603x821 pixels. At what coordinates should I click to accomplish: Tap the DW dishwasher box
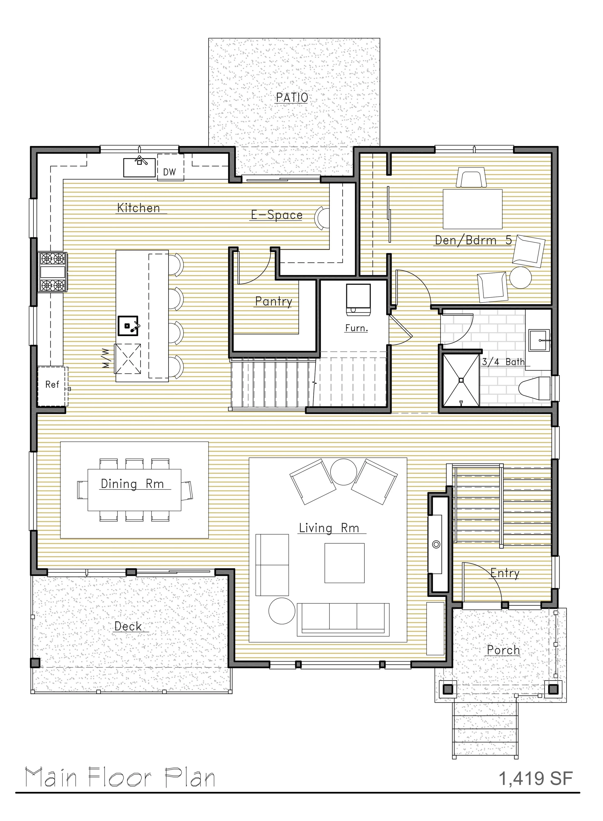tap(171, 167)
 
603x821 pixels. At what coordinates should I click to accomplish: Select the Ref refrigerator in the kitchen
tap(53, 386)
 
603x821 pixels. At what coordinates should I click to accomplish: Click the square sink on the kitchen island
tap(128, 325)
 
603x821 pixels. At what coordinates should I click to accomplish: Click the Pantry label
tap(274, 302)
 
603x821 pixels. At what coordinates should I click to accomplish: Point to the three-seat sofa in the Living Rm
tap(343, 620)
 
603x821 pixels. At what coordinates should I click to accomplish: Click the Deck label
tap(128, 627)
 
